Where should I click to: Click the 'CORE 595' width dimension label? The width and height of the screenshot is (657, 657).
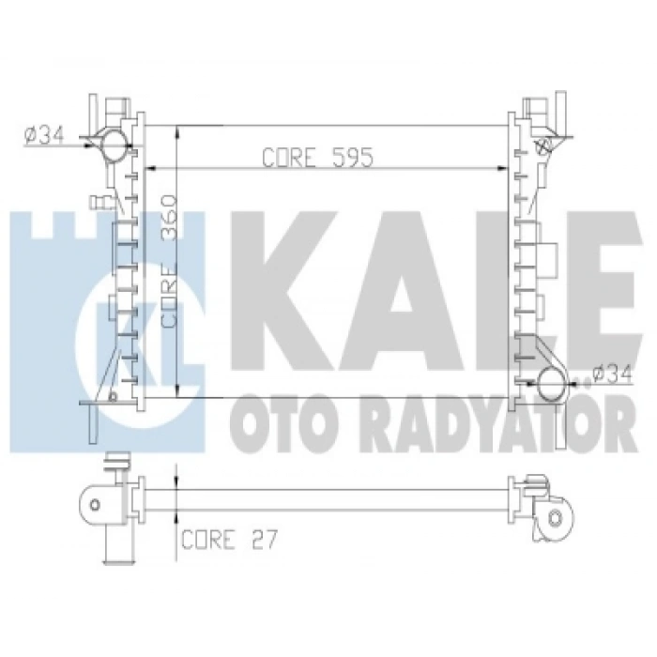tap(316, 157)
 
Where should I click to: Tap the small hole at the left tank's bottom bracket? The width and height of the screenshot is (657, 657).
tap(114, 395)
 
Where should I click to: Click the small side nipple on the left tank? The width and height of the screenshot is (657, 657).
tap(97, 201)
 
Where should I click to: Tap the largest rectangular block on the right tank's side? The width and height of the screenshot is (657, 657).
tap(548, 256)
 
